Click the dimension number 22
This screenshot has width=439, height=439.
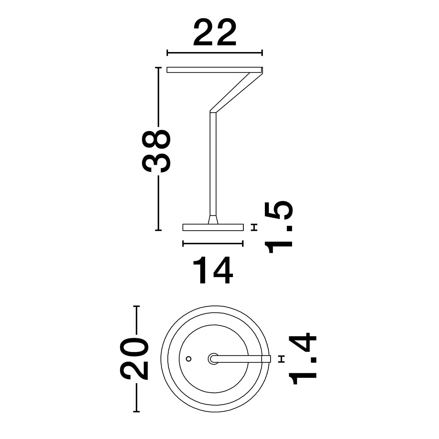point(215,33)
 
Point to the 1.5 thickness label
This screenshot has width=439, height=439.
point(278,227)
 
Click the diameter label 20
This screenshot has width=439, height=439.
point(133,359)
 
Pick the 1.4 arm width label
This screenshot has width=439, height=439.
point(303,358)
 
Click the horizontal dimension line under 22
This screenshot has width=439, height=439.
point(215,53)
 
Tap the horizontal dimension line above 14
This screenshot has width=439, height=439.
point(213,243)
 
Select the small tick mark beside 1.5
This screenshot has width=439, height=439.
point(255,227)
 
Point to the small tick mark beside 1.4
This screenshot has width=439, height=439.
point(282,359)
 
